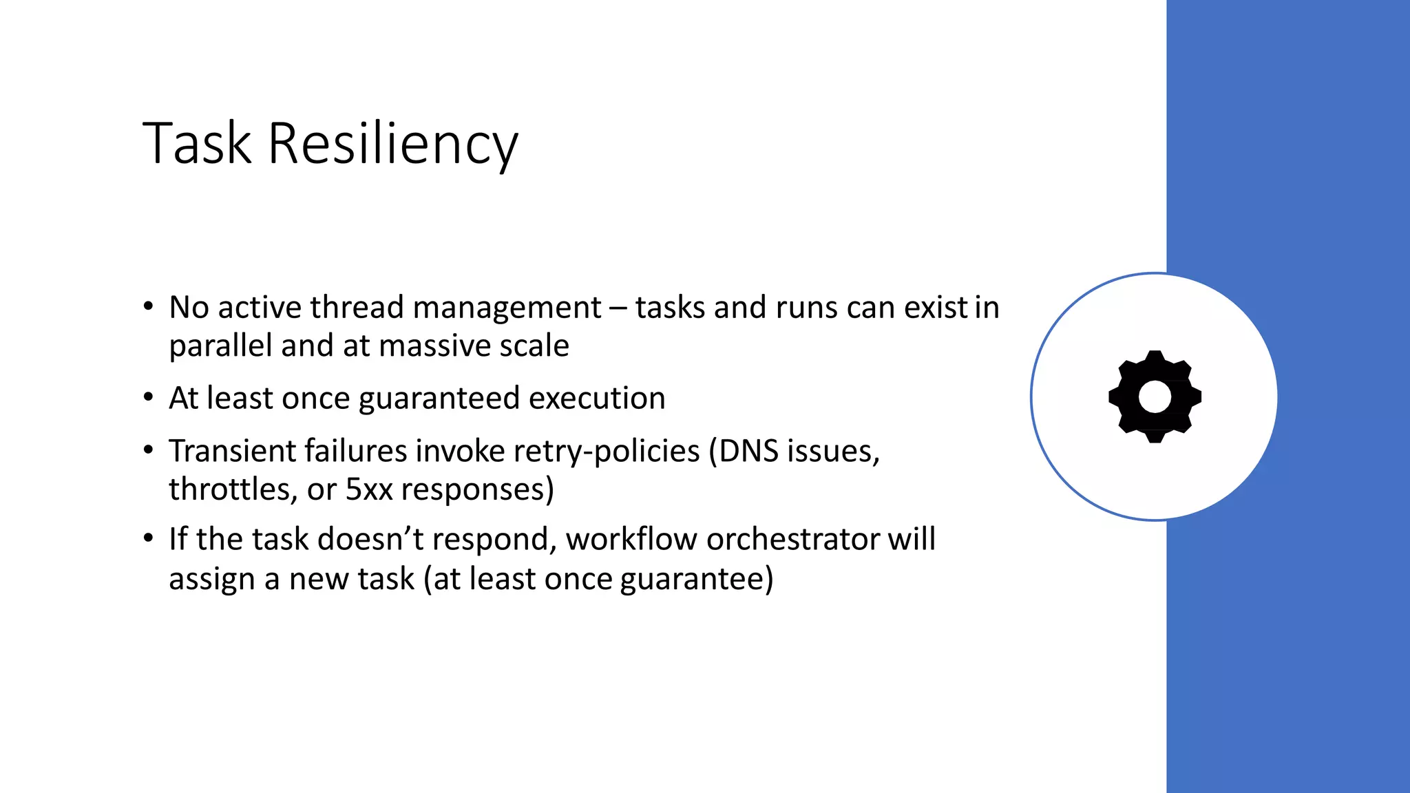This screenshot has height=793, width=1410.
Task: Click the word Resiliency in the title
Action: [392, 145]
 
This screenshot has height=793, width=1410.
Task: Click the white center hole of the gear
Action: [1155, 397]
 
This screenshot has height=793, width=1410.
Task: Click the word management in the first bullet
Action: [507, 307]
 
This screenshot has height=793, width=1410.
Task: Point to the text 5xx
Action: [368, 489]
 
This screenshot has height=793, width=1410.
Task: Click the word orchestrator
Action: [792, 539]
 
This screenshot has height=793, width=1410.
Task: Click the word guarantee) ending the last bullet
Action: [697, 579]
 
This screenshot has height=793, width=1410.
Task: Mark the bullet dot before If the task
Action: [148, 538]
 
